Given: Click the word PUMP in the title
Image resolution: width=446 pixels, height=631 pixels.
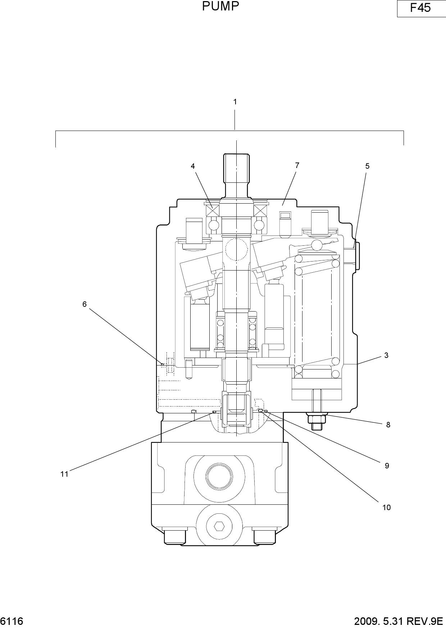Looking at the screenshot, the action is click(x=220, y=6).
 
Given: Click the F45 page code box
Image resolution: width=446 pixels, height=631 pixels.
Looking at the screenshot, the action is click(x=421, y=8).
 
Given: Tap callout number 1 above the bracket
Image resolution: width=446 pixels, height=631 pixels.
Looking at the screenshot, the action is click(x=235, y=102).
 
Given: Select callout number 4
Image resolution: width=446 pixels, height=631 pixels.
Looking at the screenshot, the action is click(x=193, y=166).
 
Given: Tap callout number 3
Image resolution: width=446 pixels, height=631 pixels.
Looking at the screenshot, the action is click(x=386, y=355).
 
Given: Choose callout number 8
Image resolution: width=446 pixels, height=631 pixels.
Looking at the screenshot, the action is click(x=388, y=425).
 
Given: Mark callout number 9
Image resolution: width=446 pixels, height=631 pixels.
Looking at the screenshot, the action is click(x=387, y=466).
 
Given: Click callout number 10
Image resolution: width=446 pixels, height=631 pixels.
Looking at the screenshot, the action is click(x=386, y=508).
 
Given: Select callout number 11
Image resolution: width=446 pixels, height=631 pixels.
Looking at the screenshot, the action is click(x=64, y=475).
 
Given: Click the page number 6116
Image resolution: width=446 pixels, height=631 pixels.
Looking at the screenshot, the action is click(x=12, y=621).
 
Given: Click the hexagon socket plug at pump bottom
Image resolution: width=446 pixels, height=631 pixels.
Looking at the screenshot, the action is click(x=218, y=527).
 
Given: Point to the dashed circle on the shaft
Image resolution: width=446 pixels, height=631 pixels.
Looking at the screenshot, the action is click(x=236, y=249).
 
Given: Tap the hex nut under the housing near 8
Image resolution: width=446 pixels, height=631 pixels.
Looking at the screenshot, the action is click(x=316, y=418).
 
